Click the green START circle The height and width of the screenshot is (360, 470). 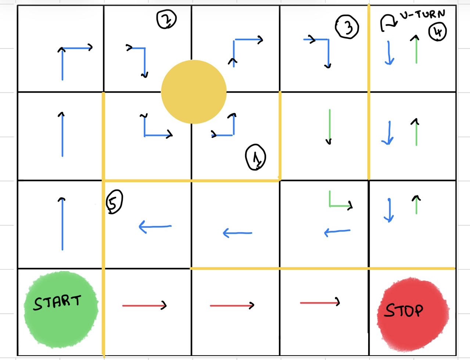[x=61, y=310]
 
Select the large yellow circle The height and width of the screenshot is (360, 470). [x=194, y=92]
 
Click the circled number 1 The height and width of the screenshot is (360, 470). [x=255, y=157]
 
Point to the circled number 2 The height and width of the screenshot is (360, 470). [x=166, y=19]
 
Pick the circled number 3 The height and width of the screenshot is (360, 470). [x=347, y=27]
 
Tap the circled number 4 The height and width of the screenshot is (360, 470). [x=438, y=32]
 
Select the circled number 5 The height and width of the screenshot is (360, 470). [x=114, y=202]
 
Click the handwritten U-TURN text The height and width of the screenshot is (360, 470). [x=422, y=14]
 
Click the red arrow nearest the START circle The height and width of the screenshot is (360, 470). [x=144, y=305]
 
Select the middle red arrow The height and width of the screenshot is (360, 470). [x=232, y=305]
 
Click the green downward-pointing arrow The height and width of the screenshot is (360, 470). [x=329, y=127]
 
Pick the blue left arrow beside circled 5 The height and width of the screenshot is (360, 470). [x=155, y=227]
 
